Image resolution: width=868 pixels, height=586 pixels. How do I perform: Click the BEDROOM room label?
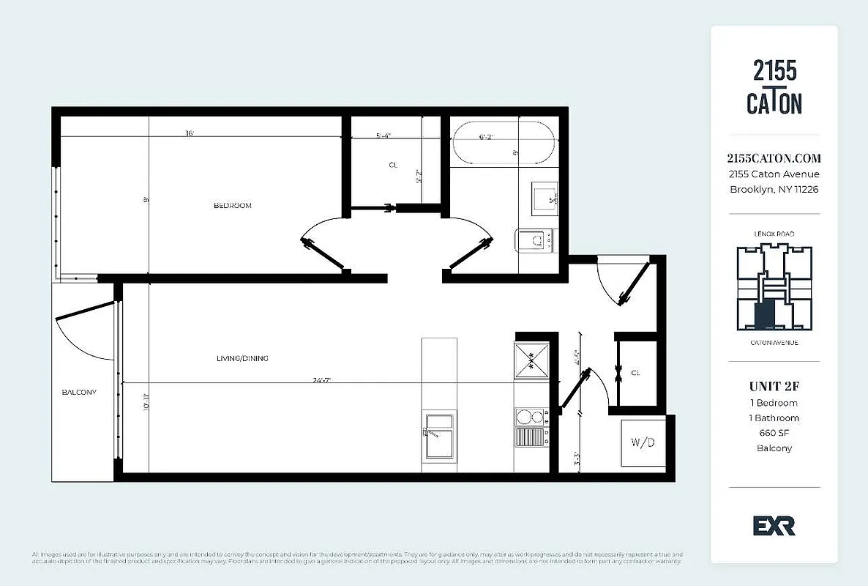coord(232,206)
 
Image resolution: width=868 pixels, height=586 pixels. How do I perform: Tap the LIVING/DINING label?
coord(242,358)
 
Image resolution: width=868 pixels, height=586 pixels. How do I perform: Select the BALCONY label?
coord(78,393)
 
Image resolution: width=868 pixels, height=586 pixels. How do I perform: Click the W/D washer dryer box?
coord(643,442)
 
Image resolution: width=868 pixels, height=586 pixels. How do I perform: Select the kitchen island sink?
coord(438,436)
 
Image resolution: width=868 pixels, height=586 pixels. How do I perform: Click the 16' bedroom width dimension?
coord(190,133)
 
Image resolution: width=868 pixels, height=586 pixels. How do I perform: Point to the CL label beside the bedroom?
coord(393,166)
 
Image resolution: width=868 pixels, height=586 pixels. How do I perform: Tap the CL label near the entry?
coord(635,373)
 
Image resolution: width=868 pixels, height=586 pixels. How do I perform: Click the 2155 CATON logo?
coord(774,87)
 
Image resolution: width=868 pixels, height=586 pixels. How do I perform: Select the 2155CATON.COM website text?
coord(774,158)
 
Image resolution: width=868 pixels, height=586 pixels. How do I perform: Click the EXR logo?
coord(774,526)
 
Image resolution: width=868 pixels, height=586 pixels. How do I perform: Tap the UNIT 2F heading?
coord(774,386)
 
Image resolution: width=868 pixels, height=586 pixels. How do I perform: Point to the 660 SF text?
coord(774,433)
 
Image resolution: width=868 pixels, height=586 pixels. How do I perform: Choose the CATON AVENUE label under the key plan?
coord(774,342)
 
